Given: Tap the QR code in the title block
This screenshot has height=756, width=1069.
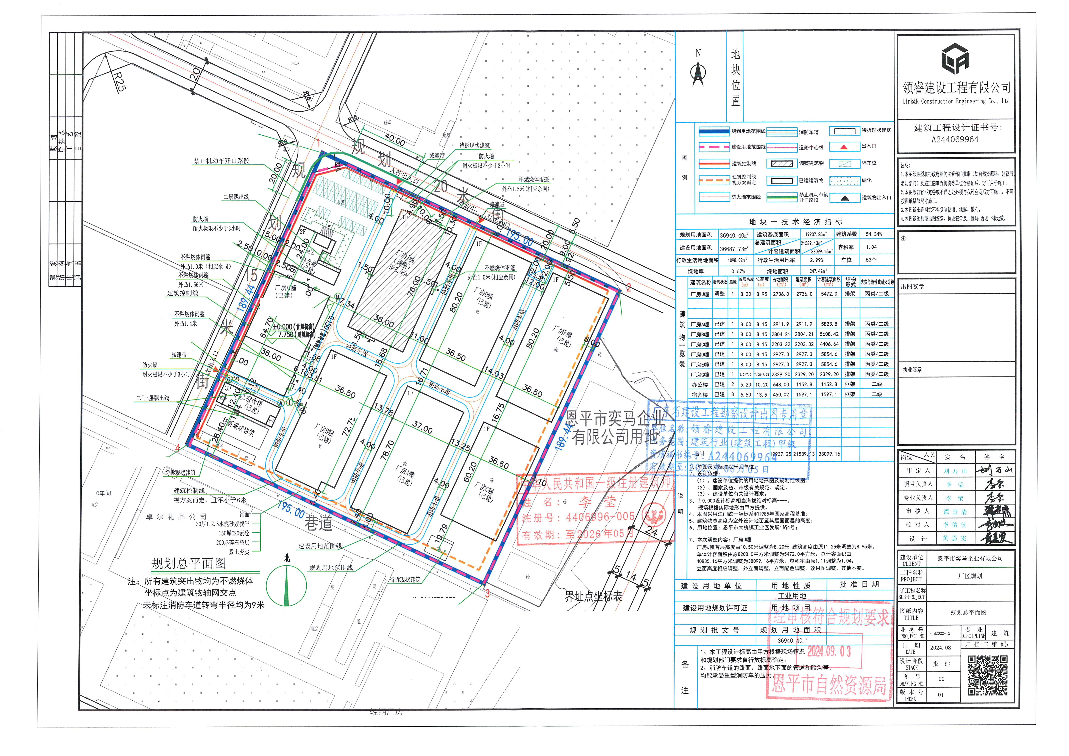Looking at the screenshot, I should [988, 675].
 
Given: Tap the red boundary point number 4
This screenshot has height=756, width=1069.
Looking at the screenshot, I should [177, 448].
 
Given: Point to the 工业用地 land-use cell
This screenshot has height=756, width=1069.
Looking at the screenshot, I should [791, 596].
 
